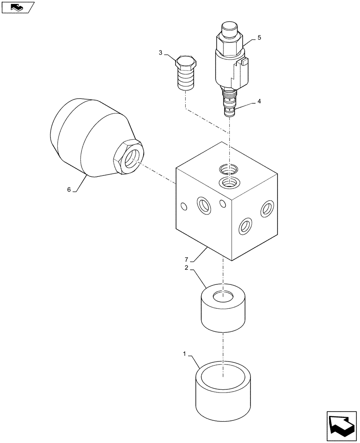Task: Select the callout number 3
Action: pos(161,53)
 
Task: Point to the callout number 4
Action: pos(258,101)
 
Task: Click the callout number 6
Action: pos(69,189)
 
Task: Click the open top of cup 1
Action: pos(223,377)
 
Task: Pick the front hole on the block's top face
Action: pos(227,182)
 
